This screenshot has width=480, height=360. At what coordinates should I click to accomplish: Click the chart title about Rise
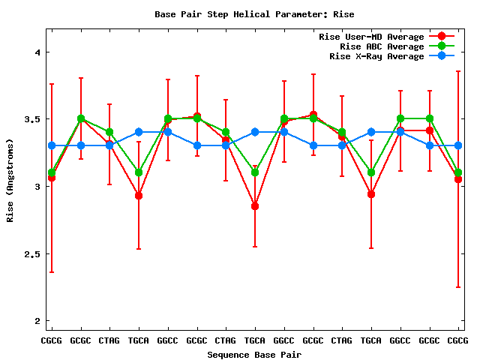click(x=254, y=14)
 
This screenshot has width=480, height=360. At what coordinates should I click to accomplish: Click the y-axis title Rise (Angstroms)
click(x=10, y=180)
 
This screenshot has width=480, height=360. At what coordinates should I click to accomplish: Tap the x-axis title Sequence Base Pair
click(x=254, y=354)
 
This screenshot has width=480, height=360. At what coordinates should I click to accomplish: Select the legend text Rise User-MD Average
click(x=371, y=37)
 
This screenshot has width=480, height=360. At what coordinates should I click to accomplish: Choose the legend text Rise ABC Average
click(x=377, y=46)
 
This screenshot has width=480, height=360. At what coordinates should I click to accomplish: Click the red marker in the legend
click(x=442, y=37)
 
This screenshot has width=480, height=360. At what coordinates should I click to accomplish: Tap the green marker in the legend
click(x=442, y=46)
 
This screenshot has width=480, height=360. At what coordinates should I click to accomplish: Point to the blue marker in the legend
click(x=442, y=56)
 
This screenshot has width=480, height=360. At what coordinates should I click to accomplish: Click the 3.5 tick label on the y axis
click(x=31, y=119)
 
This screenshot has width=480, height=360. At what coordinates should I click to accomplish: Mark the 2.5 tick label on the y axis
click(x=31, y=254)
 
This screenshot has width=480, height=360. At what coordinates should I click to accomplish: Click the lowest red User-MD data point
click(x=255, y=206)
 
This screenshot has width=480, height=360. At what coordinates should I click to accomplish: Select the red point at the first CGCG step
click(x=51, y=178)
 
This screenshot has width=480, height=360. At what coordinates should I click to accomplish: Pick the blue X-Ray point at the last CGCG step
click(x=458, y=145)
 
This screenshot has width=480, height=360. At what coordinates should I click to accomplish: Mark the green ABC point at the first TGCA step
click(x=139, y=172)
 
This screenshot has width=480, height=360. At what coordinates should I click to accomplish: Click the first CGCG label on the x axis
click(x=51, y=340)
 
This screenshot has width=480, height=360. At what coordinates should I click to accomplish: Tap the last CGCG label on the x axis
click(x=457, y=340)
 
